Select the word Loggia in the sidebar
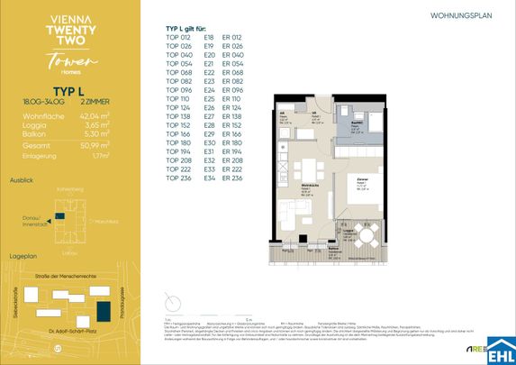point(34,124)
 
